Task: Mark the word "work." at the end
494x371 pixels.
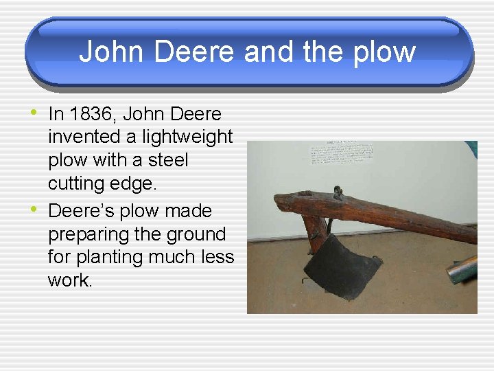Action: (69, 280)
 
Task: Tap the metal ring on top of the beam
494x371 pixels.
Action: (338, 192)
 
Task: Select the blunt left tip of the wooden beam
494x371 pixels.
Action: (279, 203)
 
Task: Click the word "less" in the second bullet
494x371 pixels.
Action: (217, 258)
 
